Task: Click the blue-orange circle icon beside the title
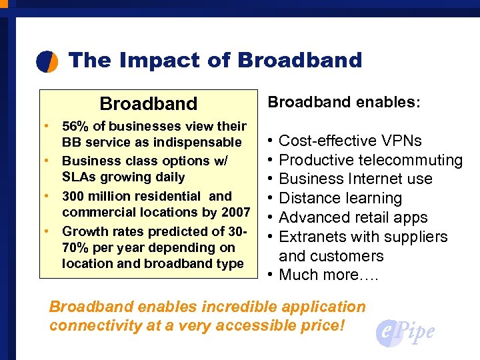[x=47, y=61]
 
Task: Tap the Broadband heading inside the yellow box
[x=149, y=104]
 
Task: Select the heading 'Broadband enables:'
[x=344, y=102]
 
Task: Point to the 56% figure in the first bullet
[x=73, y=126]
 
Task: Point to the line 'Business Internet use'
[x=355, y=179]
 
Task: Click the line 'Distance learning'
[x=340, y=198]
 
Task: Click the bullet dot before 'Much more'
[x=268, y=275]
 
